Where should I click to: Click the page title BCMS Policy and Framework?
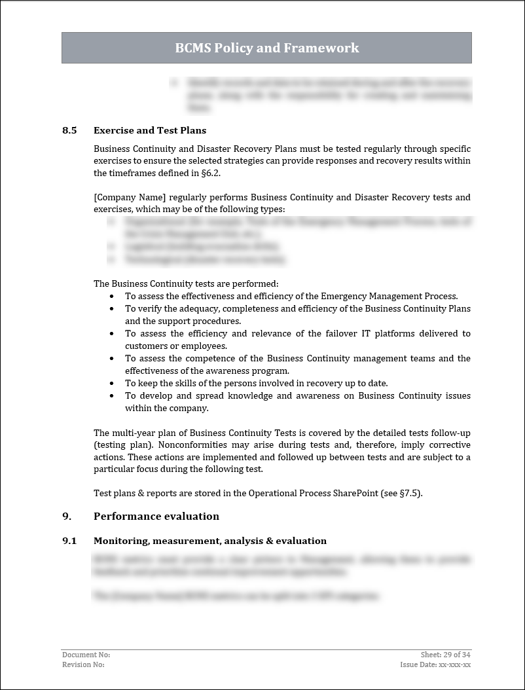coord(266,48)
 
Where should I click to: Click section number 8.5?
coord(69,130)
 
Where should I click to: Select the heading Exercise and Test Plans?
coord(150,130)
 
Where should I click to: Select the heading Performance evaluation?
coord(156,516)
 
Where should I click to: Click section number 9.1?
coord(69,541)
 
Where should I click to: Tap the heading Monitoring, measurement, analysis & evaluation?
coord(210,541)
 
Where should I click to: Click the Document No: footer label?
coord(86,655)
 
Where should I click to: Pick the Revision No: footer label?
coord(83,664)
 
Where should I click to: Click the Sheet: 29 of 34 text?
coord(446,655)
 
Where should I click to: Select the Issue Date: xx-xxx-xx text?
coord(435,664)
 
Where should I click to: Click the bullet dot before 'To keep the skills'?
coord(111,384)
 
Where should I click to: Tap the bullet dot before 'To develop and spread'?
coord(111,396)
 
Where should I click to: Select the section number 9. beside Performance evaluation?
coord(66,516)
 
